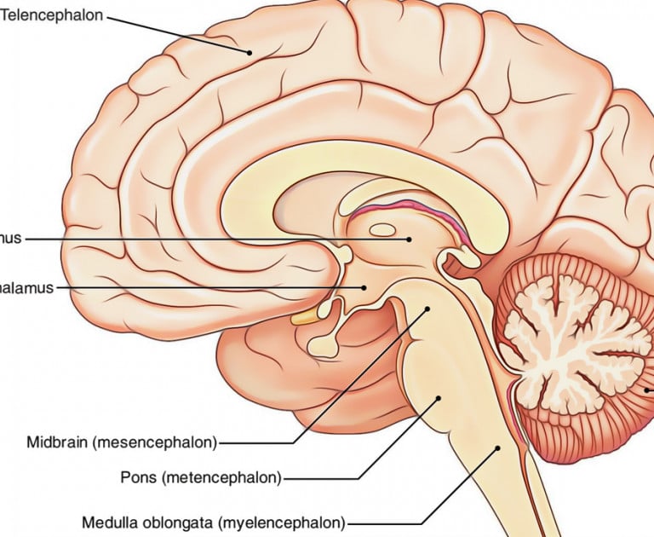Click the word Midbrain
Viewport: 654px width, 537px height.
[56, 442]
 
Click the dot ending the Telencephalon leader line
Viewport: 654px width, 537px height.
[250, 53]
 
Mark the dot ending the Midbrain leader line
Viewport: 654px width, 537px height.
[428, 310]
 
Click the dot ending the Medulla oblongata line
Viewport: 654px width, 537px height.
[498, 446]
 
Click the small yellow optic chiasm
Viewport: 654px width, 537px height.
[304, 318]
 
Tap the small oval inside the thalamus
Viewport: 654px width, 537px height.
[381, 229]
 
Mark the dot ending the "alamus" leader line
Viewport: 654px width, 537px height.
[364, 288]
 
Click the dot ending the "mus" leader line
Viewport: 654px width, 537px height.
[409, 240]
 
